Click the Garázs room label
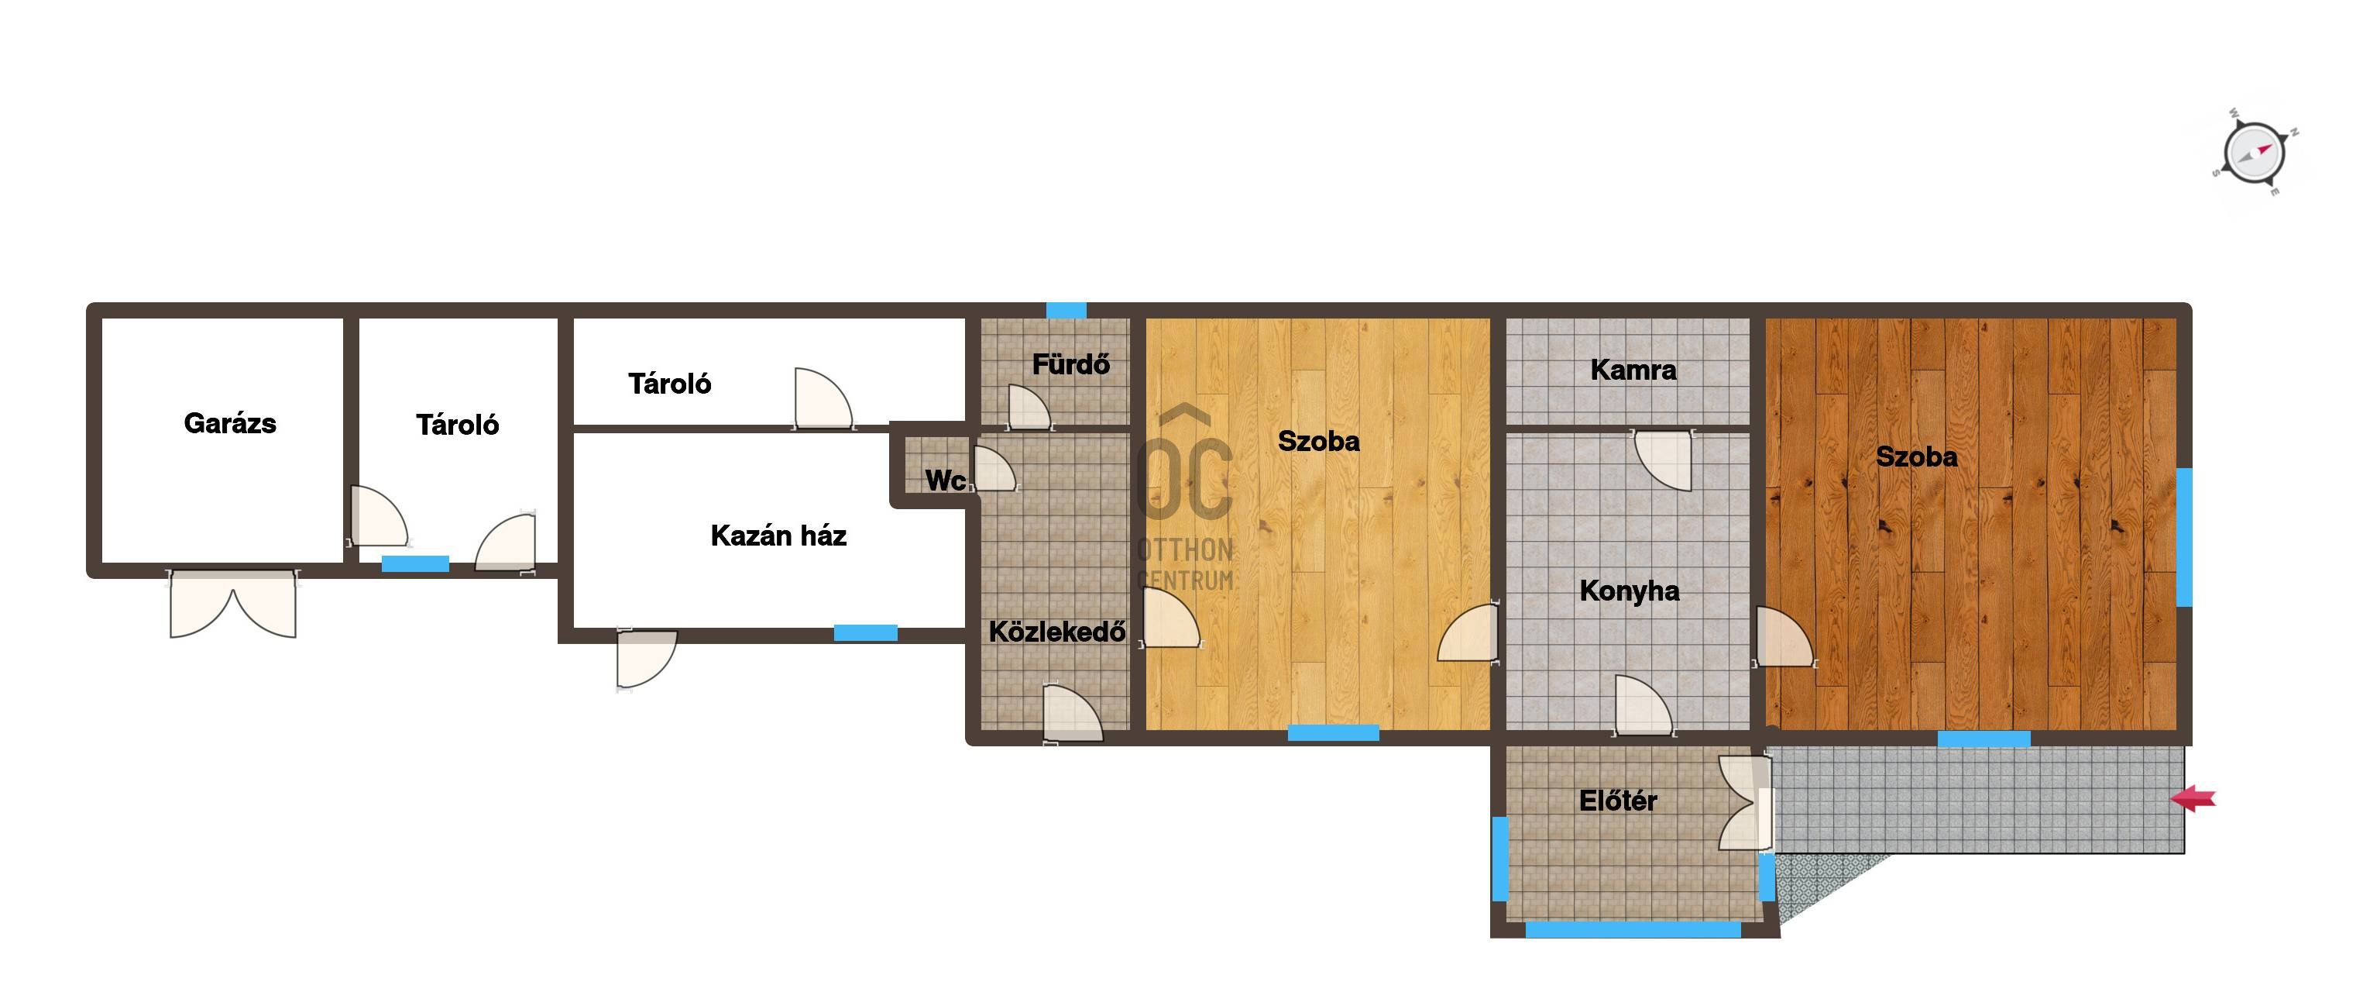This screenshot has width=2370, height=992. pos(230,423)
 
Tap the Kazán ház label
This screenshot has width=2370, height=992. pos(778,536)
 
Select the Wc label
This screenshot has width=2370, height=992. pos(945,480)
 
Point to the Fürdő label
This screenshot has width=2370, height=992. pos(1071,363)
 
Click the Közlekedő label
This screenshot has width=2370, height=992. pos(1057,632)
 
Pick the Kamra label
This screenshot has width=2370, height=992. pos(1633,370)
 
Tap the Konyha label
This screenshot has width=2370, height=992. pos(1630,591)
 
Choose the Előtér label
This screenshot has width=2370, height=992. pos(1617,801)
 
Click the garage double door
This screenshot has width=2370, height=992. pos(233,604)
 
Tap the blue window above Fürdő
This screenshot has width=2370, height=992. pos(1066,310)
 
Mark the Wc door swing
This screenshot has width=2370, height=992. pos(994,468)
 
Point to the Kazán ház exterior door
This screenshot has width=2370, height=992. pos(646,659)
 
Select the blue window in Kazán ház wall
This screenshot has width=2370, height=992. pos(866,633)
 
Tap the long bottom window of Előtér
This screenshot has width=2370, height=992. pos(1633,929)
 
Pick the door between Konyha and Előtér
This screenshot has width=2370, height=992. pos(1644,706)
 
